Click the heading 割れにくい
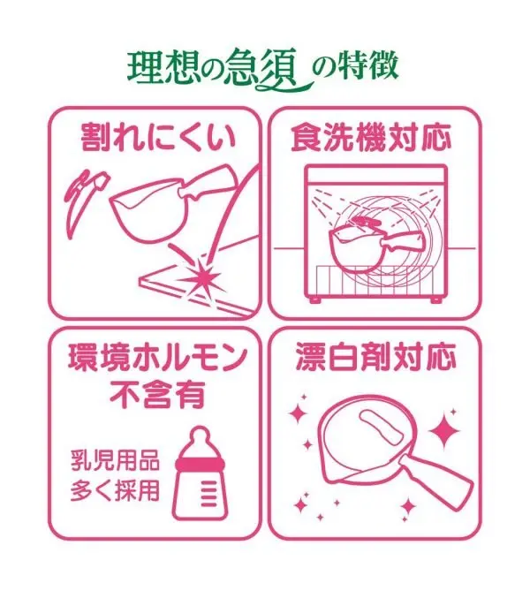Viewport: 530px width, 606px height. coord(158,136)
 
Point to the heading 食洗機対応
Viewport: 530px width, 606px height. coord(371,136)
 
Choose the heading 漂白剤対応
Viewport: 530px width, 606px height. coord(375,357)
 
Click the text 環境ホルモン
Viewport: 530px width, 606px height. coord(158,358)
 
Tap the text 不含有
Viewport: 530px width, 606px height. coord(157,395)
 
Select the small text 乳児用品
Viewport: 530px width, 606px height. coord(115,460)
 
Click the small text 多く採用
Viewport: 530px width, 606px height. coord(115,491)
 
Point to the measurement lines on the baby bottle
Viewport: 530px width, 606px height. coord(209,494)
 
